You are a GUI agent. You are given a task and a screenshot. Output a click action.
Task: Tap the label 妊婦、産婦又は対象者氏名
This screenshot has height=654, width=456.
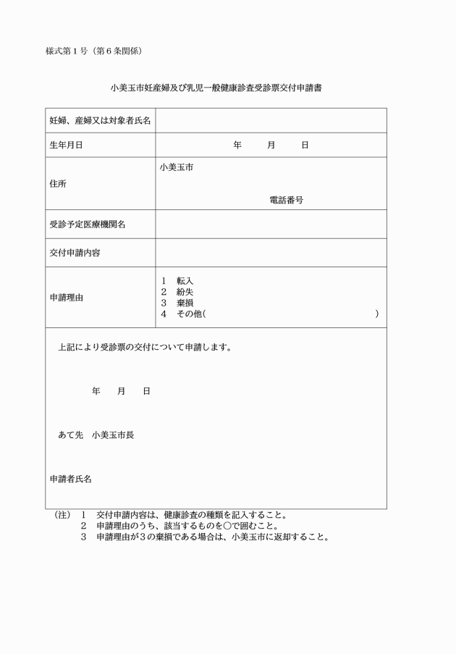click(100, 120)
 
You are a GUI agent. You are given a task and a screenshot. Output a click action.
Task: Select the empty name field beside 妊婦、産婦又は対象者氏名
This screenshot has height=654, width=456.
click(271, 120)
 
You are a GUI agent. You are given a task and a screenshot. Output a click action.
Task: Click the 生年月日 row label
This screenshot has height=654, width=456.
click(66, 145)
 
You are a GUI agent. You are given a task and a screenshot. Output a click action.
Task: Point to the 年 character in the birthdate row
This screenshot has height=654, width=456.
click(237, 145)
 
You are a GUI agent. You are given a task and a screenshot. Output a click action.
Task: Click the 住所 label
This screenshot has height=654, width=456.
click(58, 184)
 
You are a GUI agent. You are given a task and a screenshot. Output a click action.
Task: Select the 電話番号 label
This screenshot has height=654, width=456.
click(286, 200)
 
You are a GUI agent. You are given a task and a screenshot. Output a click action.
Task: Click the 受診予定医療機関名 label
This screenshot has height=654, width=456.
click(87, 225)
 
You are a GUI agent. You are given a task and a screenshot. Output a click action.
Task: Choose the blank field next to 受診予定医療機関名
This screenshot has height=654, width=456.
click(271, 225)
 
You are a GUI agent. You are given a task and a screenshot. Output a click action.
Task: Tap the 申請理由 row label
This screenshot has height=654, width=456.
click(66, 297)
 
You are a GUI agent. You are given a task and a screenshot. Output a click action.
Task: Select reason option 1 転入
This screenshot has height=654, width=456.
click(177, 280)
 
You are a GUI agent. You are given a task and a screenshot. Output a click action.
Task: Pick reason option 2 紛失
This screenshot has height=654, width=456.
click(177, 291)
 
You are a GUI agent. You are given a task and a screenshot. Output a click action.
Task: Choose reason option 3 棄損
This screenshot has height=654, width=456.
click(177, 303)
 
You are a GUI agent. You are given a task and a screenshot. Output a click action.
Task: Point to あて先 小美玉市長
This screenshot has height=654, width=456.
click(96, 435)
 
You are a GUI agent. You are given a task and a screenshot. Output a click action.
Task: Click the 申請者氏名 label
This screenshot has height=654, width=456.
click(70, 479)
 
